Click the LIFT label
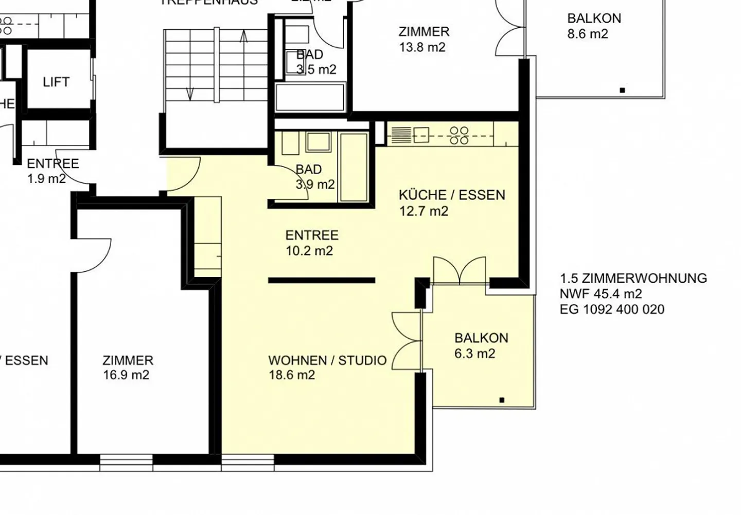click(56, 82)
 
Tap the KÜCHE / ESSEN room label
click(452, 195)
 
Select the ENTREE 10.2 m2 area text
click(309, 251)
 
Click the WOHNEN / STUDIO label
click(327, 360)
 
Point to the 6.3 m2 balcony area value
click(474, 354)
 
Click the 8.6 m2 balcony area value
click(587, 34)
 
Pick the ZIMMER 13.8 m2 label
click(424, 32)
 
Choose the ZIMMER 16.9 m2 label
click(128, 361)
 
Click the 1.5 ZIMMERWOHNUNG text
click(633, 279)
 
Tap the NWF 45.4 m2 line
click(601, 294)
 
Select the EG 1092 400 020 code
click(612, 309)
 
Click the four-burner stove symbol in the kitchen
click(458, 135)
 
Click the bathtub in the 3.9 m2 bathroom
click(354, 167)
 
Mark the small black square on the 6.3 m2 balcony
click(502, 400)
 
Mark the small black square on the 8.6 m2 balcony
click(622, 90)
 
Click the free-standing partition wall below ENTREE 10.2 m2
click(322, 280)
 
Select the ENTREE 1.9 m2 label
click(52, 164)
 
